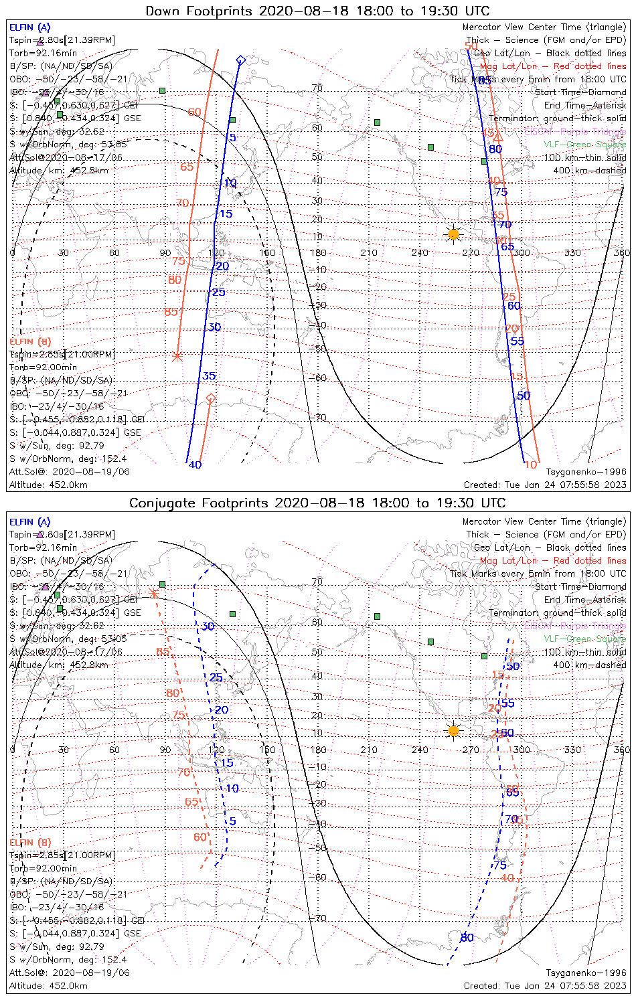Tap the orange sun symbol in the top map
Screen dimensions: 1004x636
453,234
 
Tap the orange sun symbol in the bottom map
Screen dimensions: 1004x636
453,730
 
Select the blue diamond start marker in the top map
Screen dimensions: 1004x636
240,60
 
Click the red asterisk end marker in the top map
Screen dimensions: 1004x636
177,357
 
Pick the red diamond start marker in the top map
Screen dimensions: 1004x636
211,399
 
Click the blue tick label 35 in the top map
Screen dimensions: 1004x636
210,376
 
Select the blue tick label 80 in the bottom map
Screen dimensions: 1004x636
467,938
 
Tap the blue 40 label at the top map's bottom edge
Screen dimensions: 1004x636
195,465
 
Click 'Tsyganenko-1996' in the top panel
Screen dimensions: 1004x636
586,472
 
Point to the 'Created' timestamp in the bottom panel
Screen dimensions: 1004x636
545,985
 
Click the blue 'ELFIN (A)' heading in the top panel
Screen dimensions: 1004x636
29,27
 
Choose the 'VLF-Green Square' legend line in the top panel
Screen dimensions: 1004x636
584,145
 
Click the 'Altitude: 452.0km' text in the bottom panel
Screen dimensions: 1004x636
48,985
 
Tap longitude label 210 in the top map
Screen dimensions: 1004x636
369,252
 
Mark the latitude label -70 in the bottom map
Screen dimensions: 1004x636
319,918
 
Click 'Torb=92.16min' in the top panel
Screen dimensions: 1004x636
43,53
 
